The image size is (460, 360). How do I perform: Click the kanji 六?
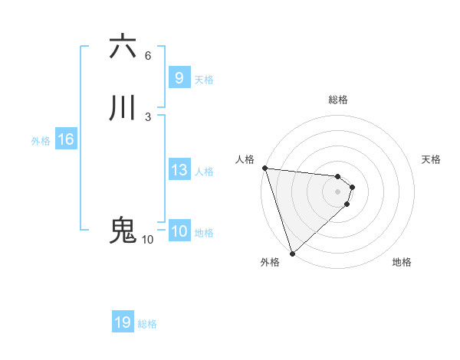pyautogui.click(x=123, y=47)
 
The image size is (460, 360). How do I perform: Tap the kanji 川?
pyautogui.click(x=123, y=108)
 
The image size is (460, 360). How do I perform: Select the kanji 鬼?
pyautogui.click(x=123, y=231)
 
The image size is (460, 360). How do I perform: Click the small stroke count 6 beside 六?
pyautogui.click(x=148, y=56)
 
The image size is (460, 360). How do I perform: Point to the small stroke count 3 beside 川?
pyautogui.click(x=148, y=116)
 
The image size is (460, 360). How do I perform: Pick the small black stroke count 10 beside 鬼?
pyautogui.click(x=147, y=240)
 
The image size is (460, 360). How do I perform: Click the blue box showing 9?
pyautogui.click(x=179, y=77)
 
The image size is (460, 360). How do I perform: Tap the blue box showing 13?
pyautogui.click(x=179, y=170)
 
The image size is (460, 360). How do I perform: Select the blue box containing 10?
pyautogui.click(x=179, y=232)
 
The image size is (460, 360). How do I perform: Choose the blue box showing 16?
pyautogui.click(x=65, y=139)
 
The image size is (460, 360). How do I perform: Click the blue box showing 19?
pyautogui.click(x=123, y=322)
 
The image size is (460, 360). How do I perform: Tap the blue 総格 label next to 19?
pyautogui.click(x=147, y=324)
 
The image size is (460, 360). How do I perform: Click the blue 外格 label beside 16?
pyautogui.click(x=41, y=141)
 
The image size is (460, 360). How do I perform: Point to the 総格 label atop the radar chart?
pyautogui.click(x=338, y=100)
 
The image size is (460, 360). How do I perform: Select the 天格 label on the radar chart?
pyautogui.click(x=431, y=159)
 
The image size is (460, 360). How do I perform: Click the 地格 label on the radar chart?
pyautogui.click(x=402, y=262)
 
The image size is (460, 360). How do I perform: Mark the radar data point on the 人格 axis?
pyautogui.click(x=264, y=168)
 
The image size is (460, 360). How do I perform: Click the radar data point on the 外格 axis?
pyautogui.click(x=292, y=253)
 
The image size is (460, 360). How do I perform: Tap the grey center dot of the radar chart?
pyautogui.click(x=338, y=191)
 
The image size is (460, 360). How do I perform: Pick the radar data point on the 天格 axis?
pyautogui.click(x=353, y=186)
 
